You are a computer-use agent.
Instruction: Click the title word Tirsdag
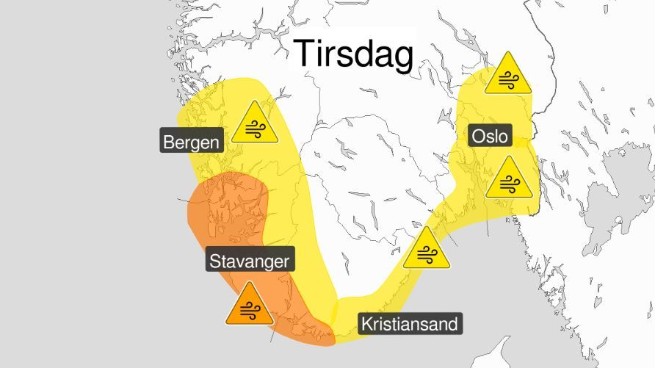(354, 54)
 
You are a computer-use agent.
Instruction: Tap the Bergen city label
(192, 142)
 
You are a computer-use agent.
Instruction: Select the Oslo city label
(490, 135)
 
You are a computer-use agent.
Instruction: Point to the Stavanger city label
(250, 261)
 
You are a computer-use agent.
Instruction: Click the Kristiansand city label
(410, 324)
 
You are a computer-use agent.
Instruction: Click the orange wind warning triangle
(249, 305)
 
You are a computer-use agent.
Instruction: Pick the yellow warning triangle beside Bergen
(255, 124)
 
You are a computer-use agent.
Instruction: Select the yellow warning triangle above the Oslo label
(508, 75)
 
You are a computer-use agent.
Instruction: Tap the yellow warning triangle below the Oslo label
(508, 178)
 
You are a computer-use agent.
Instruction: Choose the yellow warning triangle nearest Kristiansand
(425, 249)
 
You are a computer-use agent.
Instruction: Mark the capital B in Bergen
(169, 142)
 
